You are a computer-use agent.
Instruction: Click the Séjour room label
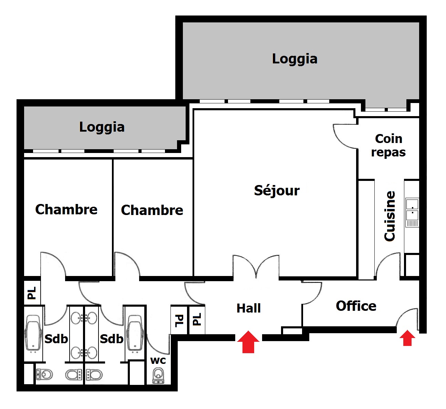point(277,191)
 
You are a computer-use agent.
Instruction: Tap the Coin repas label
point(388,145)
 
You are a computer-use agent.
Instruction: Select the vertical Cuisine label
point(390,216)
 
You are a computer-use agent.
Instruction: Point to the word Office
point(356,306)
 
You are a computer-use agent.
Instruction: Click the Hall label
point(248,308)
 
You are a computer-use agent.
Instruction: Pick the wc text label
point(158,360)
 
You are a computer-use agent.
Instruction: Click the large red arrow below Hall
point(248,342)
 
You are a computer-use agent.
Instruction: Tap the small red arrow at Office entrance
point(407,338)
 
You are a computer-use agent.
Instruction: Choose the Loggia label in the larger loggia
point(294,59)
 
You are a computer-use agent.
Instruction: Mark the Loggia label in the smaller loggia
point(102,127)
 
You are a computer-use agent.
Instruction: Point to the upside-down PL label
point(179,320)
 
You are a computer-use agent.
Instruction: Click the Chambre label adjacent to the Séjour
point(152,210)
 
